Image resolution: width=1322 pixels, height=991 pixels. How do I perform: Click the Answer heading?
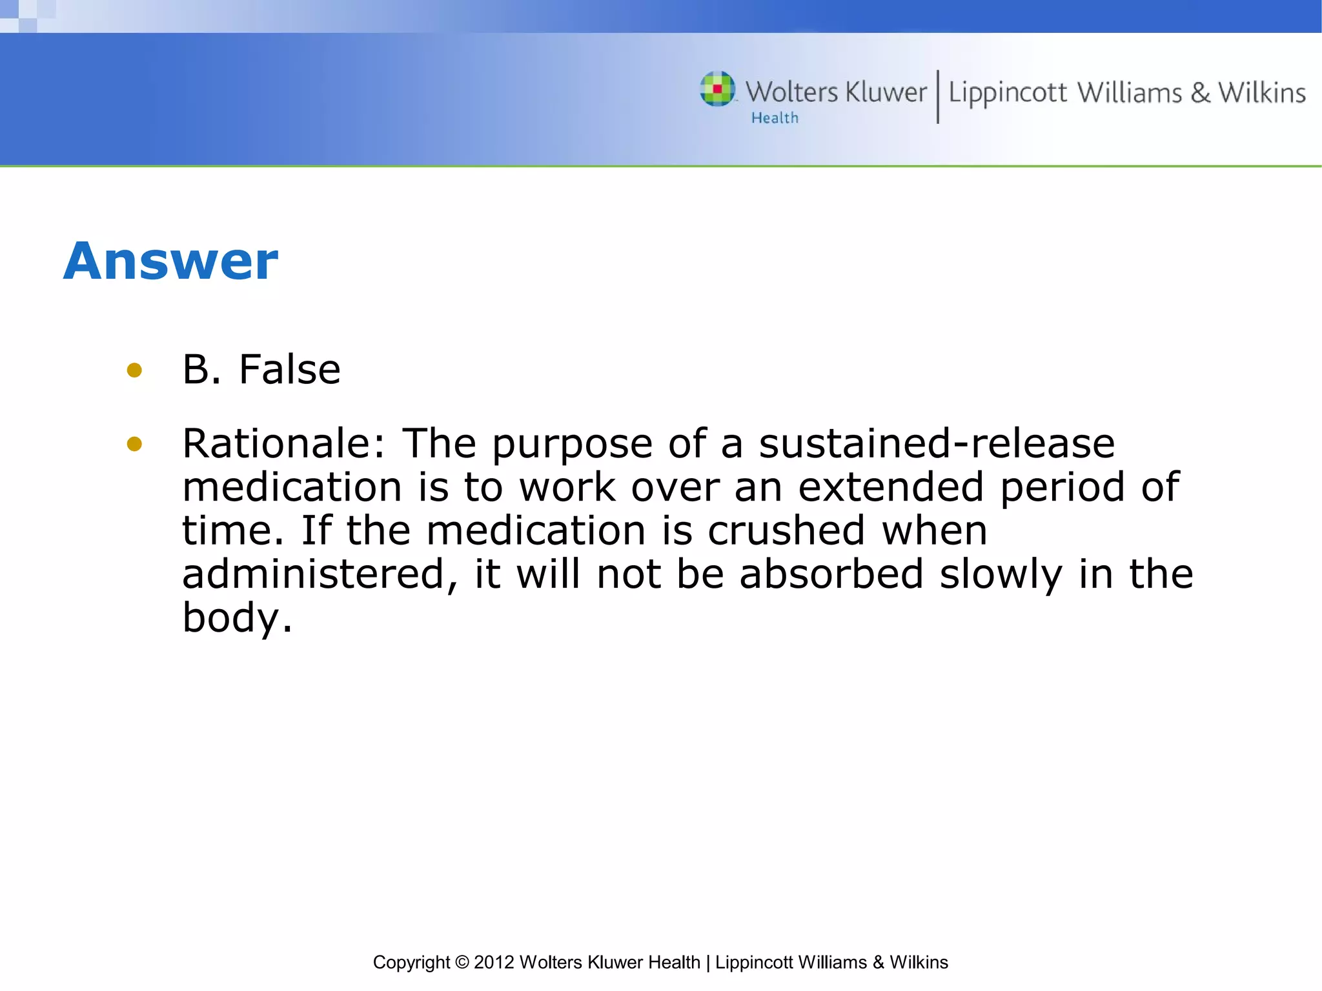[170, 261]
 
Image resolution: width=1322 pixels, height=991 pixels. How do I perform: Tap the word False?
[289, 370]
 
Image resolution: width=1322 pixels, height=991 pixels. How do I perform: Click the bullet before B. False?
[134, 370]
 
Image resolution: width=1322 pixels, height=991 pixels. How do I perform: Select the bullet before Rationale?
[134, 444]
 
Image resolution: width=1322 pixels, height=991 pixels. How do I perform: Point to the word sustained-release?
[936, 444]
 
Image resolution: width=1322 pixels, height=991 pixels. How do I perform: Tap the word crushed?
[786, 531]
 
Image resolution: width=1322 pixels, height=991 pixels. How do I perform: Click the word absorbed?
[831, 574]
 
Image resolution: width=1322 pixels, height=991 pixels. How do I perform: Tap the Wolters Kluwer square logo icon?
[717, 88]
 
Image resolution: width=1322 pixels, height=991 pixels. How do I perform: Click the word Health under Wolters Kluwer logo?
[775, 118]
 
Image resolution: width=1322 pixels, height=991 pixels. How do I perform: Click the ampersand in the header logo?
[1200, 92]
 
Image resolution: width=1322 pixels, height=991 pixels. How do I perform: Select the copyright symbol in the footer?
[462, 962]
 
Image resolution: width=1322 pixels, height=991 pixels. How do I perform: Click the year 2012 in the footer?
[494, 962]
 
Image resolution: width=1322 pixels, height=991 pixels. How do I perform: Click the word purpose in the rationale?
[572, 445]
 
